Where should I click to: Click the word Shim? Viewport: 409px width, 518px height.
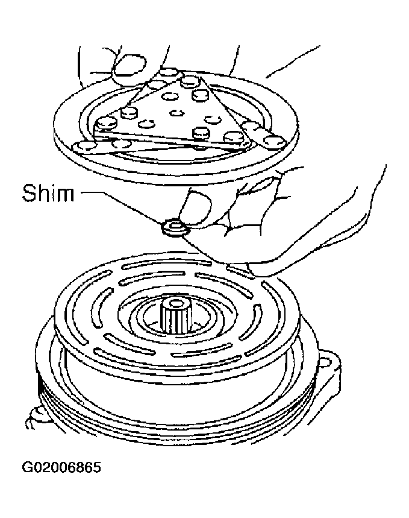(x=48, y=193)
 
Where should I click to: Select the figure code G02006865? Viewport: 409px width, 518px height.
(x=61, y=467)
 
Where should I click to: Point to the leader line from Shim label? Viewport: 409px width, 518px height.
(x=122, y=208)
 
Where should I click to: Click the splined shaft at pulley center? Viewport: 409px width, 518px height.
(x=176, y=315)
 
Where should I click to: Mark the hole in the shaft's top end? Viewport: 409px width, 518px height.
(x=176, y=303)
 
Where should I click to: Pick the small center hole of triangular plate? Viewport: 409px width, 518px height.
(x=177, y=113)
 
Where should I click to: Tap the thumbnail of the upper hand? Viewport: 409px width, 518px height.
(x=128, y=68)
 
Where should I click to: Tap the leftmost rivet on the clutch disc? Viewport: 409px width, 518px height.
(x=83, y=146)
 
